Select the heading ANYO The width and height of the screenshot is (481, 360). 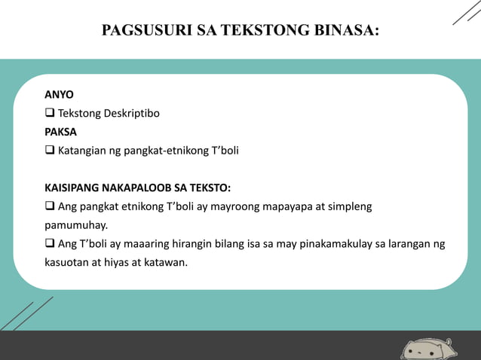pos(59,96)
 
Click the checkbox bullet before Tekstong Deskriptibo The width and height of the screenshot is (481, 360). pos(50,114)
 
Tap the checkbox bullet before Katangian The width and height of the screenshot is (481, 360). pos(50,150)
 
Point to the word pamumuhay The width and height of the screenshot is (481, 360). pos(75,224)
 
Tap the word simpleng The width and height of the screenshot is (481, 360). pos(351,206)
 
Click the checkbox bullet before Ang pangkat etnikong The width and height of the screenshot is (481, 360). pos(50,206)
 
